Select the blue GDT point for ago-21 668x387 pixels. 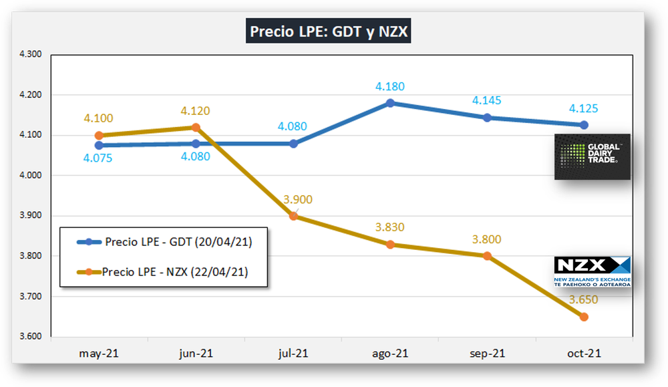[x=390, y=103]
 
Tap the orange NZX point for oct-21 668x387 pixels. [x=584, y=317]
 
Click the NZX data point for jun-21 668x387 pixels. [x=196, y=127]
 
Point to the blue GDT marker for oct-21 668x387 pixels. [x=584, y=125]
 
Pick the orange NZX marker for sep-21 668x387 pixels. [x=487, y=256]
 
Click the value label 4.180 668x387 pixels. [x=390, y=87]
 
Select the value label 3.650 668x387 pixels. [x=584, y=299]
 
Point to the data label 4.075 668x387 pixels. [x=99, y=159]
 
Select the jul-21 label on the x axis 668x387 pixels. [x=293, y=354]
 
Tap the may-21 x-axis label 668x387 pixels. [x=99, y=354]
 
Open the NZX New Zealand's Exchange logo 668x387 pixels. [x=592, y=272]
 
